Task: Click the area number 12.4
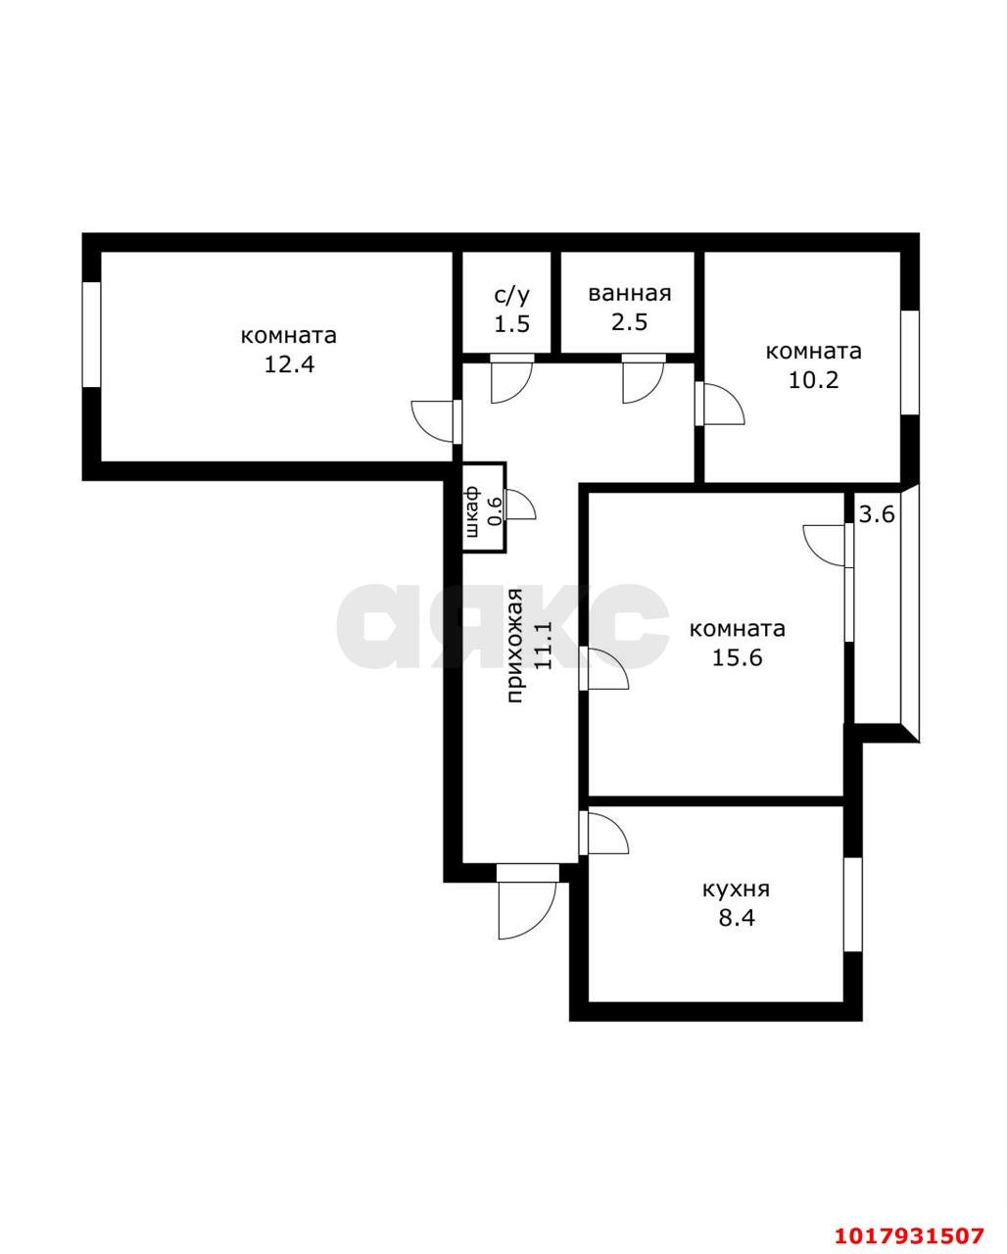click(x=289, y=364)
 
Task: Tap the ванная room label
click(x=629, y=293)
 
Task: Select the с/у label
click(x=511, y=296)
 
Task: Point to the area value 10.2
click(x=813, y=380)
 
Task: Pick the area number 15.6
click(x=738, y=658)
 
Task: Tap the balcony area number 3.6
click(x=877, y=514)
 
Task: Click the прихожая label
click(x=515, y=647)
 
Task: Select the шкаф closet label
click(x=472, y=510)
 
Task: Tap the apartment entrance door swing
click(x=527, y=908)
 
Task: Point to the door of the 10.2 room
click(x=720, y=404)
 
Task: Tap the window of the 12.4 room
click(x=91, y=334)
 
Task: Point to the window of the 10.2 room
click(x=910, y=363)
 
